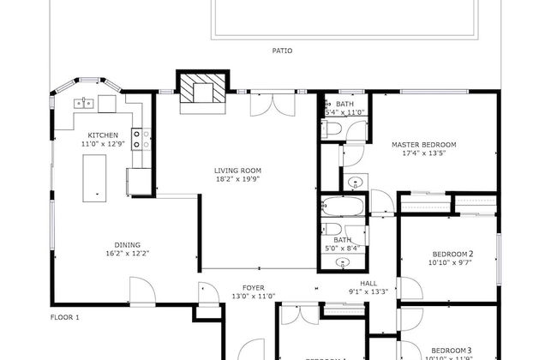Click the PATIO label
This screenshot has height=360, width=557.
[x=282, y=51]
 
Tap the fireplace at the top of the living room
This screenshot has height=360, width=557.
[x=202, y=89]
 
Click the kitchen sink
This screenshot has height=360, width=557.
[x=84, y=104]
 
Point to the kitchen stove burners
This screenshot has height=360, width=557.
[x=141, y=138]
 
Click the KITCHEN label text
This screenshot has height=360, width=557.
[x=103, y=135]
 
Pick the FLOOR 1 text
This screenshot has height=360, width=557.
[x=64, y=317]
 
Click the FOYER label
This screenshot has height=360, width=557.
[x=253, y=288]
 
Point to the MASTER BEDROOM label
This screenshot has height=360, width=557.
[x=423, y=145]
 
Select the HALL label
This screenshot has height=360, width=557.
[x=368, y=283]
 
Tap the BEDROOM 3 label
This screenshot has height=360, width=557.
[x=451, y=350]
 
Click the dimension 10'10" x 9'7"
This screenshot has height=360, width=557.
[x=450, y=263]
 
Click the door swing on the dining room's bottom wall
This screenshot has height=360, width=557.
[x=142, y=295]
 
